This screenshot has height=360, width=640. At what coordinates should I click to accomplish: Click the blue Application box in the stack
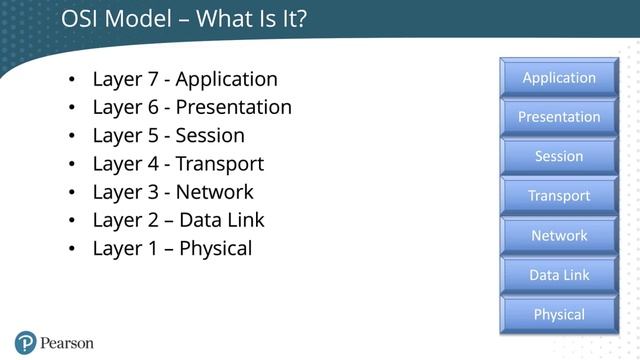pos(559,78)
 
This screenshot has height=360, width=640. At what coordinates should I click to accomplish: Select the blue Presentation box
pos(559,117)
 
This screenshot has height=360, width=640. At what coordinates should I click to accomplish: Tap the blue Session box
pos(559,156)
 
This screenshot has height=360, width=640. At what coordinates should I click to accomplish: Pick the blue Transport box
pos(559,196)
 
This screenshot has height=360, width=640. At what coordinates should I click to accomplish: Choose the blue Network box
pos(559,235)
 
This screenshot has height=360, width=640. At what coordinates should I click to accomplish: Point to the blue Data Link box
pos(559,275)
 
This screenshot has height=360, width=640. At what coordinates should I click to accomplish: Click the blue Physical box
pos(559,314)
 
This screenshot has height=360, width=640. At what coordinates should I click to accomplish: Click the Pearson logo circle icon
pos(25,342)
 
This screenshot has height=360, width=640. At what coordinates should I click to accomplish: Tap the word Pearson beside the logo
pos(67,343)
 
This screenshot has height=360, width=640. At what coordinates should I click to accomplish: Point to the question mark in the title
pos(299,19)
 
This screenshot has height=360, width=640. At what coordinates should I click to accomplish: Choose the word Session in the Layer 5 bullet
pos(210,135)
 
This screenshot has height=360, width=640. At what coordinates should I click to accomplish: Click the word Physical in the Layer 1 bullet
pos(215,249)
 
